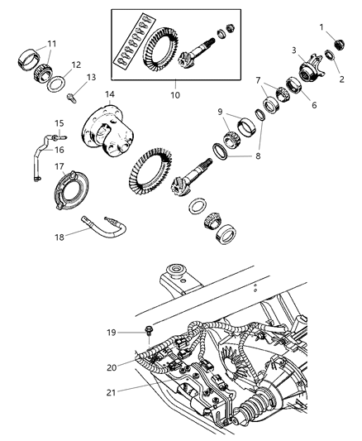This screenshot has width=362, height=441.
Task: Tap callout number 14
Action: pos(109,94)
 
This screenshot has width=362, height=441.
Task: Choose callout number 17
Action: pos(59,165)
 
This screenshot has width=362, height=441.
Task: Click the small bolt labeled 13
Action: pos(72,99)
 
